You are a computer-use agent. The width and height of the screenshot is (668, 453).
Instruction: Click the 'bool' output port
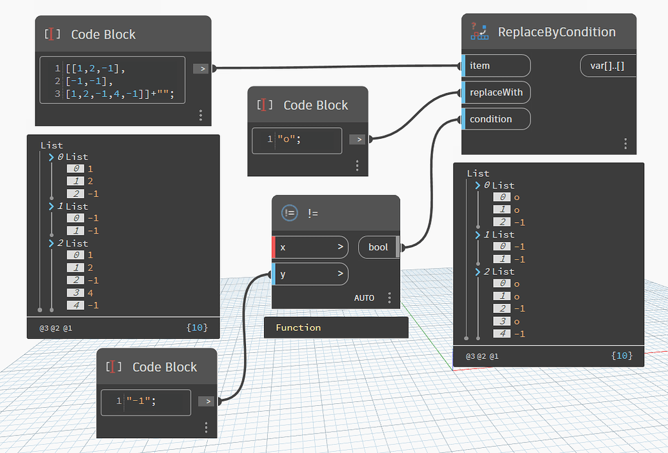378,247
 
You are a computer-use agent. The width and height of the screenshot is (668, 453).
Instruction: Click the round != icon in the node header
290,213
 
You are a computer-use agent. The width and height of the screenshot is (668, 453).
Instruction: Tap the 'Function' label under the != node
298,328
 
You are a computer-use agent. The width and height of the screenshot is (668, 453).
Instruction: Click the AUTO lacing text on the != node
364,298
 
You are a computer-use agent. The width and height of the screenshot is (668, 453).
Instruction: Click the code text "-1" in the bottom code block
141,401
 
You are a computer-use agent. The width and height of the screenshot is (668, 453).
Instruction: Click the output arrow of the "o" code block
356,139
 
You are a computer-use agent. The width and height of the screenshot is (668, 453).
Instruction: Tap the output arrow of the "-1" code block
205,401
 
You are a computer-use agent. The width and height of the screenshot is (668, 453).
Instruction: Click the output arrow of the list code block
200,68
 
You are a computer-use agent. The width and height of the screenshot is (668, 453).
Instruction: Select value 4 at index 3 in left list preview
91,293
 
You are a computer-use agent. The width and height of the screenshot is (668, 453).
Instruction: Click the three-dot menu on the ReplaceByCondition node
625,143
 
